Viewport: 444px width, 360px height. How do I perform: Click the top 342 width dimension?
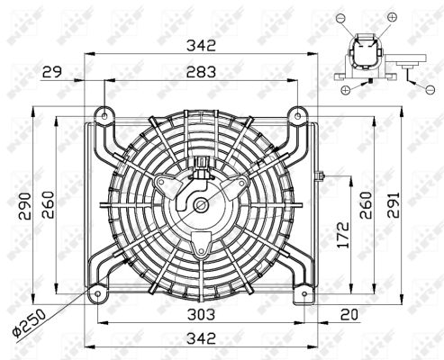pos(201,45)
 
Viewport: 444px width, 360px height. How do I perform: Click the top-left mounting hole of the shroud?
pos(104,115)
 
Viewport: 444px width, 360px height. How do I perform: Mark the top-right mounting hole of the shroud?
pos(294,114)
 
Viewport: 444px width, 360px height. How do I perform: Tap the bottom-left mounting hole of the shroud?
pos(96,292)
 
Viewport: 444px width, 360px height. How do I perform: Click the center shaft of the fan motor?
pos(199,205)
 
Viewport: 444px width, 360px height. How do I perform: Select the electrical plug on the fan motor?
pos(201,165)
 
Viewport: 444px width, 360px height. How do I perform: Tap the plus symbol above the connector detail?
pos(391,17)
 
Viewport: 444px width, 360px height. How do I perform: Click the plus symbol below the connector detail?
pos(344,89)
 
